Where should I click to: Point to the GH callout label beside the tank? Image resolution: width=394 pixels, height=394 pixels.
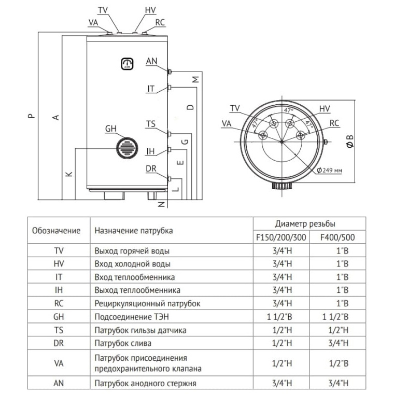pyautogui.click(x=111, y=129)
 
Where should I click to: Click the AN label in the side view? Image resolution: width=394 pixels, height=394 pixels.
pyautogui.click(x=151, y=61)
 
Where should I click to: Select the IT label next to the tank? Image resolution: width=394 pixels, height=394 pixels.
pyautogui.click(x=150, y=89)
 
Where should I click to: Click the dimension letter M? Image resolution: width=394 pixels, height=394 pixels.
pyautogui.click(x=195, y=80)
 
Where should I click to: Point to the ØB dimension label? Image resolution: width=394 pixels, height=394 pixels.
pyautogui.click(x=350, y=139)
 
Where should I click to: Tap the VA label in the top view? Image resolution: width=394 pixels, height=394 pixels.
pyautogui.click(x=226, y=123)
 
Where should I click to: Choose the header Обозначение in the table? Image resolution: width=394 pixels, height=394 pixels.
pyautogui.click(x=57, y=230)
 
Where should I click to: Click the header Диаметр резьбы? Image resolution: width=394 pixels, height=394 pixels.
pyautogui.click(x=309, y=223)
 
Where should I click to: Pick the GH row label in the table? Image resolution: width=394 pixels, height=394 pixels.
pyautogui.click(x=59, y=316)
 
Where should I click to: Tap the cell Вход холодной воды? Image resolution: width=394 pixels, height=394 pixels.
pyautogui.click(x=132, y=264)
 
